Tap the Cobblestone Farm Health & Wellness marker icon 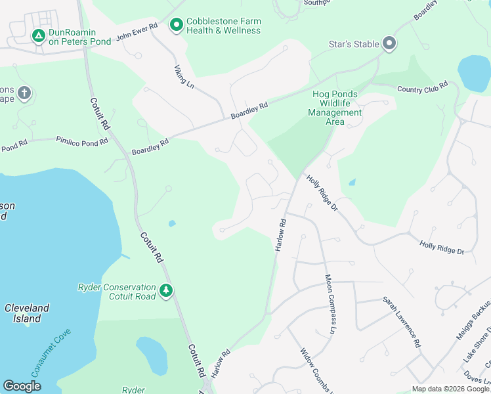(x=176, y=26)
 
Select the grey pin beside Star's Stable (x=389, y=44)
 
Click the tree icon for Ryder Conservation (x=166, y=290)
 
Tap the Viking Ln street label (x=184, y=77)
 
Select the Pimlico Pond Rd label (x=81, y=141)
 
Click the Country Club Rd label (x=422, y=85)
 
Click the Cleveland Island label (x=27, y=313)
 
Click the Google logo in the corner (x=22, y=386)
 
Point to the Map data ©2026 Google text (x=450, y=389)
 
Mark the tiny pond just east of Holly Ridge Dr (x=352, y=182)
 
